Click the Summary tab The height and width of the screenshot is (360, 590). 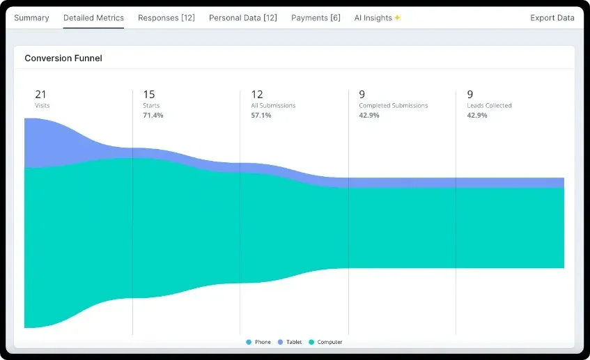coord(31,17)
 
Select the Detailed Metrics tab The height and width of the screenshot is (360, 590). coord(93,17)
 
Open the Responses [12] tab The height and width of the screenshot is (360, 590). coord(166,17)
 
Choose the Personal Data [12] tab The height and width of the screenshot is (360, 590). coord(243,17)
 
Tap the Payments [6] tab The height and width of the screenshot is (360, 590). coord(316,17)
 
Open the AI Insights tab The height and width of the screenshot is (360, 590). coord(373,17)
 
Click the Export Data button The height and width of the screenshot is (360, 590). coord(552,17)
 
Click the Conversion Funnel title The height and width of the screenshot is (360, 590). coord(63,58)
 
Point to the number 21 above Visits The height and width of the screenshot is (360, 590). coord(40,94)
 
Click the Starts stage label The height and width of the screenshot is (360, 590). coord(151,106)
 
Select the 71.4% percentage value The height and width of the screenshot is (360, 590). coord(153,115)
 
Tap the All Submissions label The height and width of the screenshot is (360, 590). coord(273,106)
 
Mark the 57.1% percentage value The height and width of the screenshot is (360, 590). coord(261,115)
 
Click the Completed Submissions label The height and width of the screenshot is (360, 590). coord(393,106)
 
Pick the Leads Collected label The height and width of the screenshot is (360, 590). coord(489,106)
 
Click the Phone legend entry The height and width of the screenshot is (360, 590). coord(258,342)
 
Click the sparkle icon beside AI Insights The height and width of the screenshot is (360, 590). coord(398,17)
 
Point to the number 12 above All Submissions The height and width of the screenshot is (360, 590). coord(257,94)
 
